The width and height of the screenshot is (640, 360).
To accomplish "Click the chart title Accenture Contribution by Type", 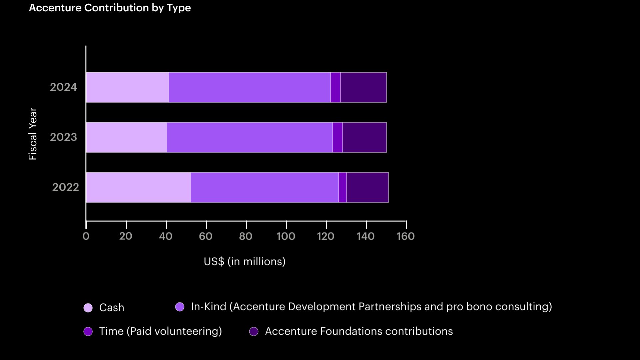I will coord(110,8).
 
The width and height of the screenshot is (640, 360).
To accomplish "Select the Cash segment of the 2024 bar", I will coord(127,87).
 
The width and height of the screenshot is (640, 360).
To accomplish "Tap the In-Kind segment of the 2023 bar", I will coord(249,137).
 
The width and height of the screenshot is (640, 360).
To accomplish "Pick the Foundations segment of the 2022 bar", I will coord(367,187).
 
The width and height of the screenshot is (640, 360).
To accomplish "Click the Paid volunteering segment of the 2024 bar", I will coord(335,87).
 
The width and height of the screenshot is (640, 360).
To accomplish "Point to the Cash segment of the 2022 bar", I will coord(138,187).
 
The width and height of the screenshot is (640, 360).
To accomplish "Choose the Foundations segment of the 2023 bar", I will coord(364,137).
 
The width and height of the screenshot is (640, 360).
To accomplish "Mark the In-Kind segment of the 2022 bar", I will coord(264,187).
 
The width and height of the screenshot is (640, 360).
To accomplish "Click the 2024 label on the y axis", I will coord(63,87).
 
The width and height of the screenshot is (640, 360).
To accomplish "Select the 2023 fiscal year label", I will coord(63,137).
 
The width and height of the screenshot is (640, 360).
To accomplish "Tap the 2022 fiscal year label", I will coord(66,187).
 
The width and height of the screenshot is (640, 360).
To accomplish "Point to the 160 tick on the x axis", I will coord(406,236).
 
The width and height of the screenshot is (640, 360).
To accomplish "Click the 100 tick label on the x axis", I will coord(286,236).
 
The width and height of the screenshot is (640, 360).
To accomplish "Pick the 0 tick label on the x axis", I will coord(86,236).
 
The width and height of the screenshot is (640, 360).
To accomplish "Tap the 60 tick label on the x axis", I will coord(206,236).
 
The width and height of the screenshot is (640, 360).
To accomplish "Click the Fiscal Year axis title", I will coord(33,134).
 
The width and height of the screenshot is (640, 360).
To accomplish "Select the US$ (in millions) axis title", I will coord(245,262).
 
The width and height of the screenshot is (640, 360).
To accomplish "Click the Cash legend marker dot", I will coord(88,308).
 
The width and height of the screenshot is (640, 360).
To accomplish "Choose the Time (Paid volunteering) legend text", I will coord(160,331).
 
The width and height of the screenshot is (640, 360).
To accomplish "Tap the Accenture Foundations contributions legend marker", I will coord(254,331).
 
